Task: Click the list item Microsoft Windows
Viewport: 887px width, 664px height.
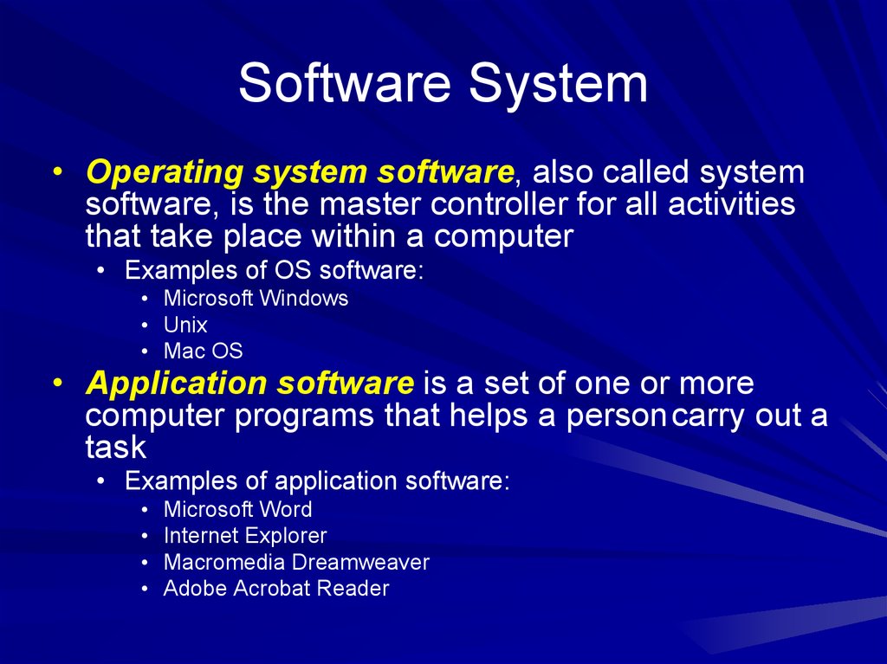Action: (x=256, y=299)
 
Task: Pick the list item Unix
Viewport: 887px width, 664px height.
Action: (x=185, y=326)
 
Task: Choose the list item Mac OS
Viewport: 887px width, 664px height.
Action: (x=203, y=351)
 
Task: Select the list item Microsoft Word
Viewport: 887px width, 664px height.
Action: (x=237, y=510)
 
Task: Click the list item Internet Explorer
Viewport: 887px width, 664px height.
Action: (x=245, y=536)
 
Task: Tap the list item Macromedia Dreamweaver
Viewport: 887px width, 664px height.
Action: (x=296, y=563)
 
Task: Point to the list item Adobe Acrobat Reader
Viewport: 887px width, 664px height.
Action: (x=276, y=589)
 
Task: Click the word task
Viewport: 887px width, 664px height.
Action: (x=116, y=448)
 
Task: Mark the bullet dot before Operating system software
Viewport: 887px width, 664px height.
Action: (x=56, y=172)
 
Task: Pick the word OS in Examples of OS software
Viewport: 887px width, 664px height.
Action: (x=295, y=270)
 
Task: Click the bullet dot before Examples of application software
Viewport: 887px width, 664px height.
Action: (x=103, y=482)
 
